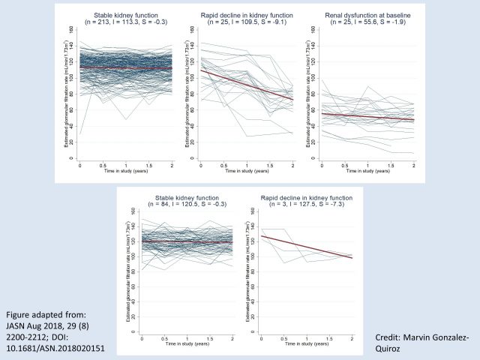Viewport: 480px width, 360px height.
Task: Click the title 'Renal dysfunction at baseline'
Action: tap(367, 15)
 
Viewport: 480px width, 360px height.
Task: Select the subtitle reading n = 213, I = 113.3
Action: tap(126, 22)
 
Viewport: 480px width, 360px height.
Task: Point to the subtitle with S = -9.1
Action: tap(247, 22)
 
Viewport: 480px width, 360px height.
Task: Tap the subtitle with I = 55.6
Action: tap(367, 22)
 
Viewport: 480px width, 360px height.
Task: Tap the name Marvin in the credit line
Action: tap(423, 339)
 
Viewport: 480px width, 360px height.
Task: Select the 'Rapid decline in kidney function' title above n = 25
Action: tap(247, 15)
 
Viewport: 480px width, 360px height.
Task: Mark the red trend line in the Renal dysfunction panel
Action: tap(367, 117)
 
